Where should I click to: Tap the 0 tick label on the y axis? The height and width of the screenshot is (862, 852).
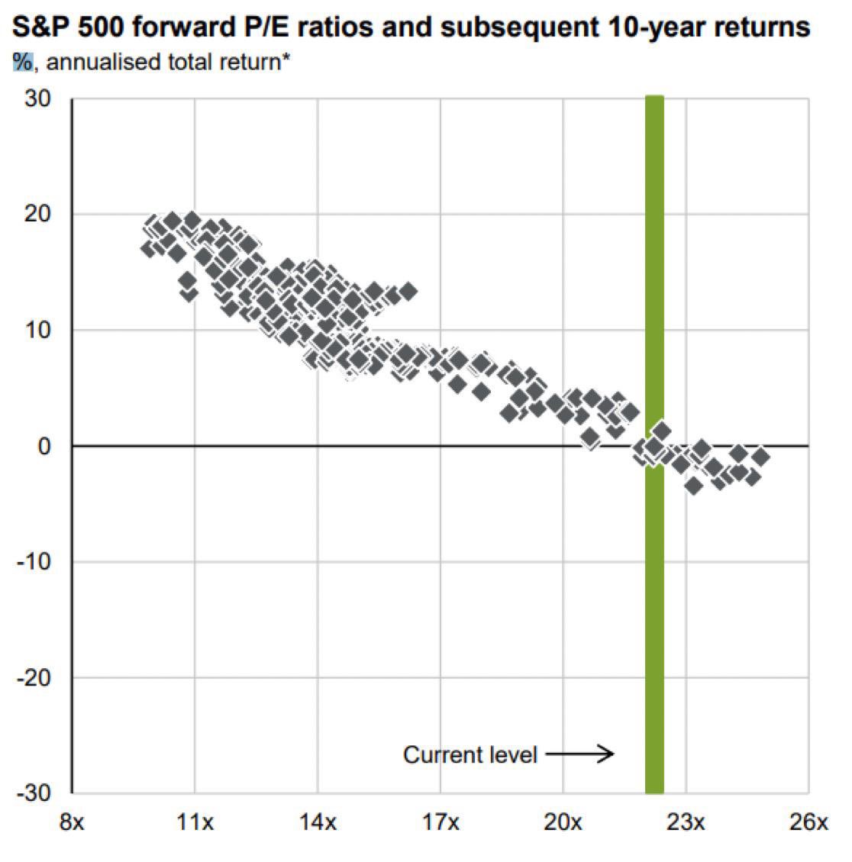[44, 446]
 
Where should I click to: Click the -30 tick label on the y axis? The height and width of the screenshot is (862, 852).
[34, 793]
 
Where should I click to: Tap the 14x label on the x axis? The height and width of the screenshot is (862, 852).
[318, 823]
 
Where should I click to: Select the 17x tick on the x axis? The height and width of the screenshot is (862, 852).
[441, 823]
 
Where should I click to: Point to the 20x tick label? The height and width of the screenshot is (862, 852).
[563, 823]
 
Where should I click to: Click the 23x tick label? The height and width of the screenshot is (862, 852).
[686, 823]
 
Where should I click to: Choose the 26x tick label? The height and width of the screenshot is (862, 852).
[808, 823]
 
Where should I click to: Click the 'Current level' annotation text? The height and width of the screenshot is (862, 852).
[470, 755]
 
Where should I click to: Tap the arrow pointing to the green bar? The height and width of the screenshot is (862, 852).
[580, 755]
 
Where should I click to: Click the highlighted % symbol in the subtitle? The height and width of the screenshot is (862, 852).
[23, 62]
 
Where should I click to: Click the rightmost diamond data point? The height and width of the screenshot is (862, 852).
[760, 457]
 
